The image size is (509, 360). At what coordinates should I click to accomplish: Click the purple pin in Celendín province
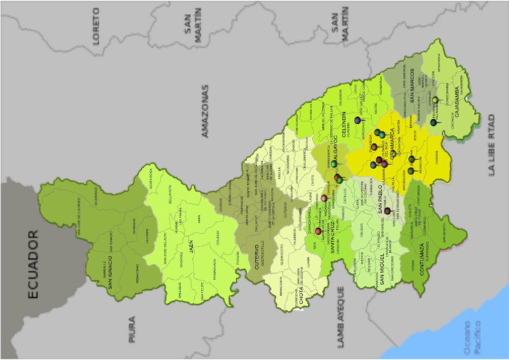[358, 121]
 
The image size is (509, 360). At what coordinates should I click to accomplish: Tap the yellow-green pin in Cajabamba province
[435, 100]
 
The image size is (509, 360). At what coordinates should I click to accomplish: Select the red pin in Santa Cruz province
[318, 231]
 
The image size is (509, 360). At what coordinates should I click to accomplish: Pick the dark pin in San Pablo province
[387, 211]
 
